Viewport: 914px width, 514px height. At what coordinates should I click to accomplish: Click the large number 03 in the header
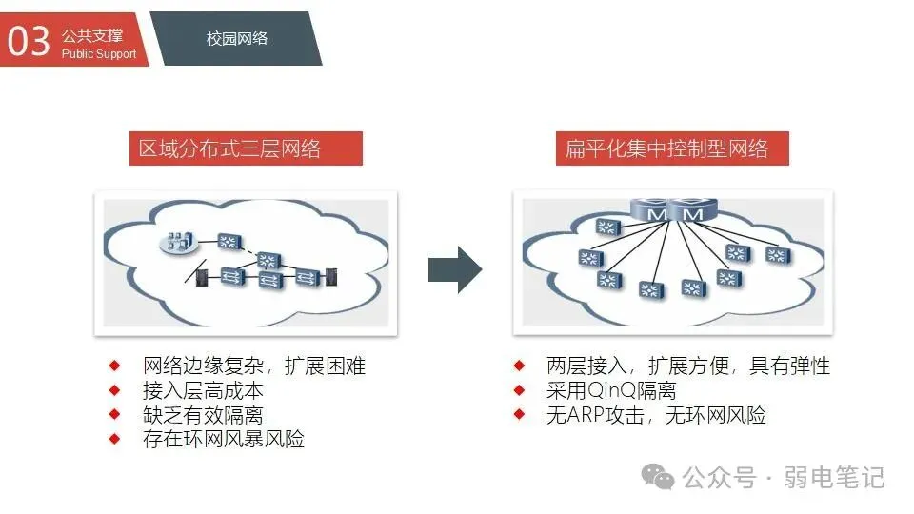click(x=29, y=41)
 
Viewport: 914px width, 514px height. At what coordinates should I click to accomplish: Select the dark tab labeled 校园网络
click(x=237, y=39)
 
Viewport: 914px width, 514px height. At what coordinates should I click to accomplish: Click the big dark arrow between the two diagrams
click(x=454, y=269)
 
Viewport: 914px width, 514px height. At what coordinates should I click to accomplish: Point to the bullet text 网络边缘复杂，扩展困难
click(x=254, y=366)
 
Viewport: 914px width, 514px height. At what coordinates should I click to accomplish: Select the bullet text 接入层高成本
click(x=203, y=391)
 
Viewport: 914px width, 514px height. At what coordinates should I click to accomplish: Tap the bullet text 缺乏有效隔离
click(x=203, y=415)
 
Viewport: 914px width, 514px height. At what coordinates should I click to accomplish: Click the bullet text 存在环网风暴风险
click(x=224, y=440)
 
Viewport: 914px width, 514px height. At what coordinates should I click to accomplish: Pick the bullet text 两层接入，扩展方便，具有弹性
click(x=688, y=366)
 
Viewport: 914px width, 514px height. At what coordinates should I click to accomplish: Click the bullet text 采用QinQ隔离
click(x=611, y=391)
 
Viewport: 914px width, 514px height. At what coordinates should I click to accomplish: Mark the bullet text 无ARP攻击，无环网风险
click(x=656, y=415)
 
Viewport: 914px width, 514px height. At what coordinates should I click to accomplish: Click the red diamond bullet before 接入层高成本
click(x=115, y=390)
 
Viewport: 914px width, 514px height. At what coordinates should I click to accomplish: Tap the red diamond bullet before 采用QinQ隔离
click(x=519, y=390)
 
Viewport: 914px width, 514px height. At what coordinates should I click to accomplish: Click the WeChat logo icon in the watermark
click(x=660, y=475)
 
